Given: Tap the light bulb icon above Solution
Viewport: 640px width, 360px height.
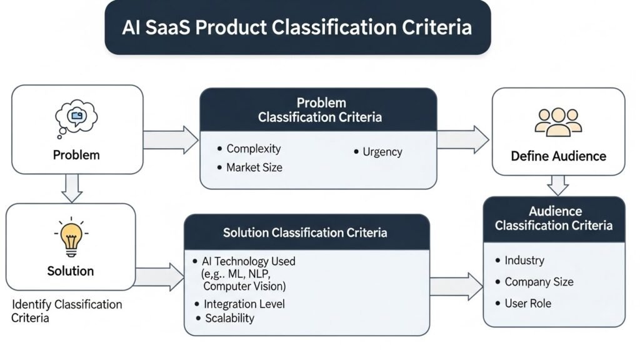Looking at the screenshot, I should (x=70, y=239).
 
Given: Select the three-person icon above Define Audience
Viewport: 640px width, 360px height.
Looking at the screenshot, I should (x=558, y=122).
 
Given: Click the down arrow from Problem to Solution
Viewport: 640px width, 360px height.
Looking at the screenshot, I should (x=72, y=187).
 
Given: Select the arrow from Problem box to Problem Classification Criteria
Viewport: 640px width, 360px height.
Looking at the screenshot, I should (x=171, y=139).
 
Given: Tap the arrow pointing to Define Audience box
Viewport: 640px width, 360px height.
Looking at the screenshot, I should (x=462, y=139).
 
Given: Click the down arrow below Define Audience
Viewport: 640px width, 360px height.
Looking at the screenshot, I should (x=557, y=185).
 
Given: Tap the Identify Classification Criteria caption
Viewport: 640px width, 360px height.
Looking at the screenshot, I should (x=67, y=311).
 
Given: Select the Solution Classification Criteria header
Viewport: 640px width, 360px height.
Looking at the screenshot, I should (x=306, y=233).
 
